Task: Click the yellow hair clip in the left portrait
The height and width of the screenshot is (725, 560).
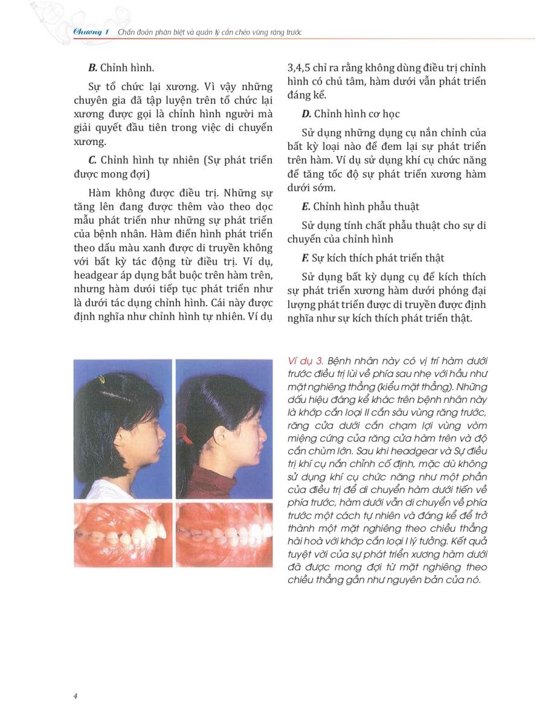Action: [x=101, y=379]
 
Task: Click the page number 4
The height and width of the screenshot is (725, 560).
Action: [x=75, y=695]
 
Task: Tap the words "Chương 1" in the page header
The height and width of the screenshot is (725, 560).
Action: [x=86, y=31]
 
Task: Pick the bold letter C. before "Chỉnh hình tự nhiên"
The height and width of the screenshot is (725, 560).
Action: [x=93, y=160]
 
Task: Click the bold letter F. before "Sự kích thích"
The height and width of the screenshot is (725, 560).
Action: [x=306, y=258]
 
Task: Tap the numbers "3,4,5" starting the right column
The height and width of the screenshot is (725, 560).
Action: [x=298, y=68]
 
